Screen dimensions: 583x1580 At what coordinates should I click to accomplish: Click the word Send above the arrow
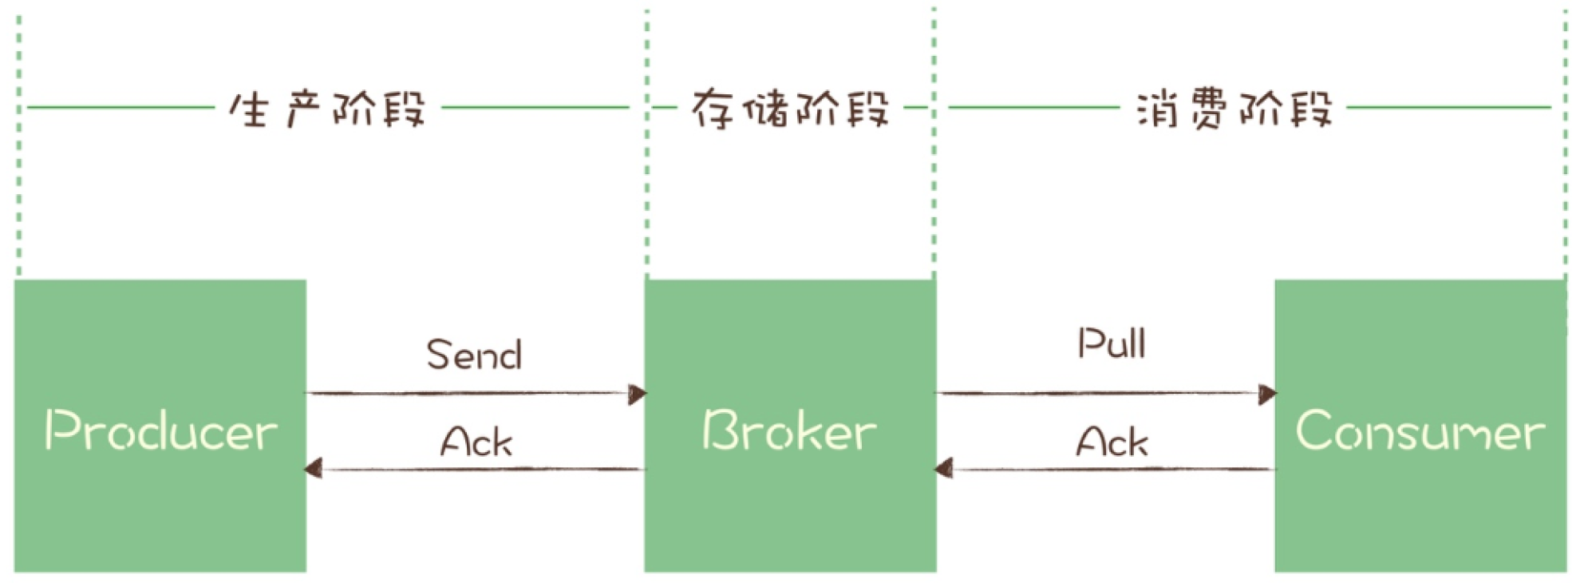click(x=474, y=355)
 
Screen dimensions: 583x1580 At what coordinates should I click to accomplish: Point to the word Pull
click(x=1112, y=343)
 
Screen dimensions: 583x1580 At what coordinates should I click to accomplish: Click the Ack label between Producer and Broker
click(x=476, y=442)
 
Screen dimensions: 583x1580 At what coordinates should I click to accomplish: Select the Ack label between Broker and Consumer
click(x=1112, y=442)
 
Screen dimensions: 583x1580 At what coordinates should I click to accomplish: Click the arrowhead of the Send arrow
click(x=637, y=394)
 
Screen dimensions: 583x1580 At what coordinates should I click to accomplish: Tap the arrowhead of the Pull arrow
click(x=1267, y=394)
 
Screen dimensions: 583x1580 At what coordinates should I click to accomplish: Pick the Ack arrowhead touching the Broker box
click(x=945, y=469)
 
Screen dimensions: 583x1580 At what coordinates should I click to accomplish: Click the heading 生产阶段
click(x=327, y=109)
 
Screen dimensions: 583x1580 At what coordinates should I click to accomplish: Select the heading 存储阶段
click(x=790, y=109)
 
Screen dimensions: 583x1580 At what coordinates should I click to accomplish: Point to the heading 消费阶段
click(x=1234, y=109)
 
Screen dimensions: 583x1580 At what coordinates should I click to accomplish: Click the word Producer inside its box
click(x=161, y=430)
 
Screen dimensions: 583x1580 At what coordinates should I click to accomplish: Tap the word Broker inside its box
click(x=789, y=430)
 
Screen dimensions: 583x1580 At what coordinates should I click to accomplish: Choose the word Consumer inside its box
click(x=1420, y=430)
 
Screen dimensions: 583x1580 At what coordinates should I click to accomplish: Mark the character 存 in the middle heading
click(x=712, y=109)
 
